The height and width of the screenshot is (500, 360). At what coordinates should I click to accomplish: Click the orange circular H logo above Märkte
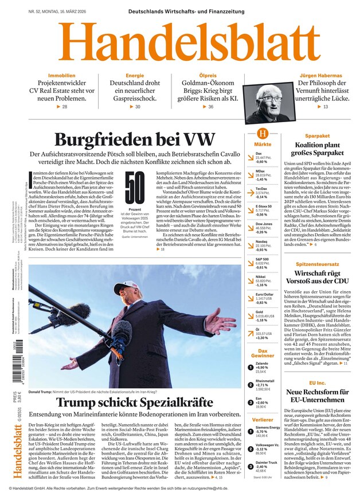263,133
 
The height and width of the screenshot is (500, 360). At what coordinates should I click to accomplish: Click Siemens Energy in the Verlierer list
267,429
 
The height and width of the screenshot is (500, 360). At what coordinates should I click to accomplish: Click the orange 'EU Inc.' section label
317,382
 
